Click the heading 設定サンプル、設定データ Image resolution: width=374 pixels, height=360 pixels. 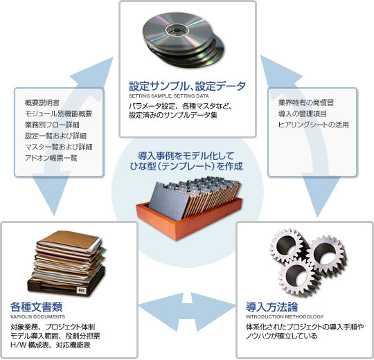click(187, 86)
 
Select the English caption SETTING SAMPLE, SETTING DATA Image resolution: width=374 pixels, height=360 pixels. click(168, 96)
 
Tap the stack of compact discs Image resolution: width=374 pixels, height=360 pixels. click(183, 39)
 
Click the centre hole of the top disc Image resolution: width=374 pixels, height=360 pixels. click(177, 30)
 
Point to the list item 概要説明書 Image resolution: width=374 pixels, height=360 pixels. click(42, 102)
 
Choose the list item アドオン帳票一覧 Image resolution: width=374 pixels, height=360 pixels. click(51, 158)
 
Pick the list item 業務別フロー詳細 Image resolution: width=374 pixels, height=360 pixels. click(52, 125)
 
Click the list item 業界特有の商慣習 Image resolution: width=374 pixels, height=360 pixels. click(306, 102)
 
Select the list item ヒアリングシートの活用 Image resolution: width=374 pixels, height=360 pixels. click(314, 125)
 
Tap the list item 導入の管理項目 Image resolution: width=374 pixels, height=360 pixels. click(302, 114)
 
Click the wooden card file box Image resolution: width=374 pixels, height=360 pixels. click(189, 207)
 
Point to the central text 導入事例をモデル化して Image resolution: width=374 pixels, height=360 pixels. click(186, 156)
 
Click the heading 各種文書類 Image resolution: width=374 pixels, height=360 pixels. click(36, 307)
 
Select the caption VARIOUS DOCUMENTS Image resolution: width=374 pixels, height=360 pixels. click(37, 317)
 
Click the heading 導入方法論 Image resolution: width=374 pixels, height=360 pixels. click(271, 307)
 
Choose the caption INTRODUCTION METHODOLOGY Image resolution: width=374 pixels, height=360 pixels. click(285, 317)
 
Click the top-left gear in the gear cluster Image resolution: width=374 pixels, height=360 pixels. click(287, 245)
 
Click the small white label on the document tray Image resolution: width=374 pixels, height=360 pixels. click(82, 290)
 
